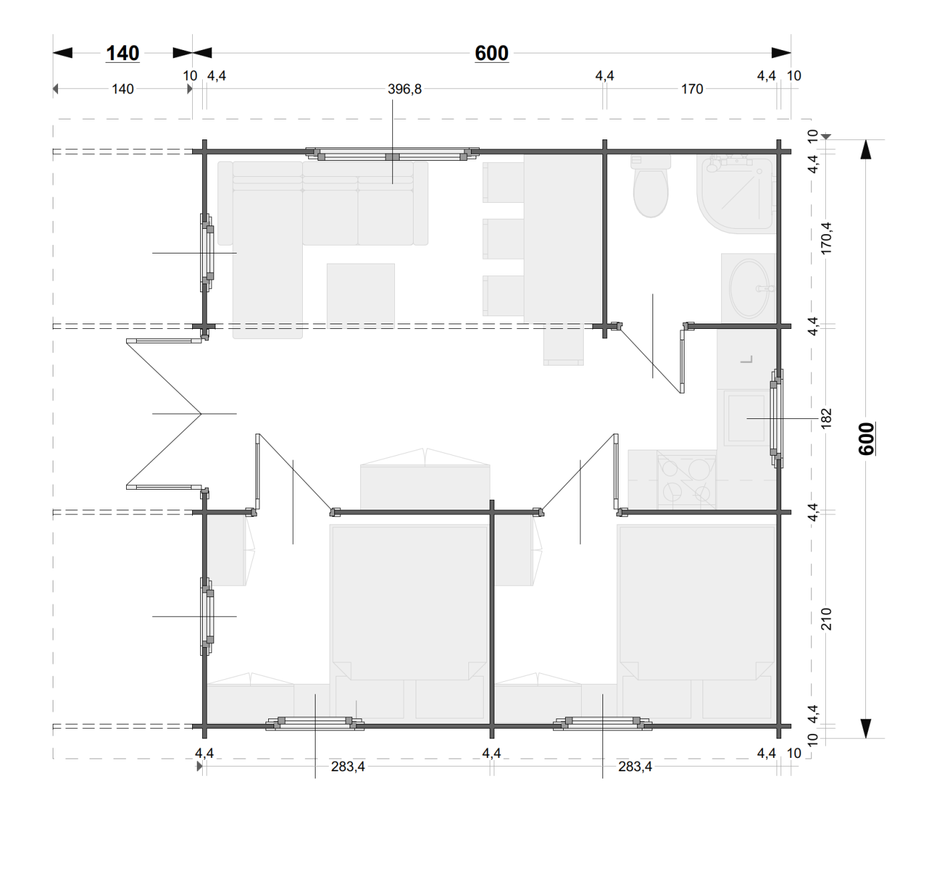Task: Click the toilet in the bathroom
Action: pyautogui.click(x=650, y=186)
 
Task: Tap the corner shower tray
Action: pyautogui.click(x=737, y=194)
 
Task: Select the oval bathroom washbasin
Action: pyautogui.click(x=749, y=288)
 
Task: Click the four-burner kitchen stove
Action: pyautogui.click(x=686, y=480)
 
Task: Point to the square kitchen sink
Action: pyautogui.click(x=747, y=418)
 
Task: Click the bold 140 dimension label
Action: pyautogui.click(x=122, y=53)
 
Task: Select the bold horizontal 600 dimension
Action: pyautogui.click(x=492, y=53)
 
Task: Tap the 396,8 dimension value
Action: pyautogui.click(x=404, y=89)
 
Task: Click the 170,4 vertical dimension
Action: pyautogui.click(x=826, y=238)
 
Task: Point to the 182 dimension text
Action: pyautogui.click(x=826, y=418)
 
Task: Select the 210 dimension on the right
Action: pyautogui.click(x=826, y=618)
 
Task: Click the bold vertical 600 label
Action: pyautogui.click(x=867, y=439)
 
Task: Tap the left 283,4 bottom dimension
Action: pyautogui.click(x=348, y=767)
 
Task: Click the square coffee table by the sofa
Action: pyautogui.click(x=361, y=296)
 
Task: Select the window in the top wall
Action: pyautogui.click(x=392, y=153)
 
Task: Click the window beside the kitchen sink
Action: pyautogui.click(x=777, y=418)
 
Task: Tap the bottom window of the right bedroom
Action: pyautogui.click(x=602, y=723)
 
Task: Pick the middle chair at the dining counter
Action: pyautogui.click(x=503, y=239)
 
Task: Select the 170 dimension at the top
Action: pyautogui.click(x=692, y=89)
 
